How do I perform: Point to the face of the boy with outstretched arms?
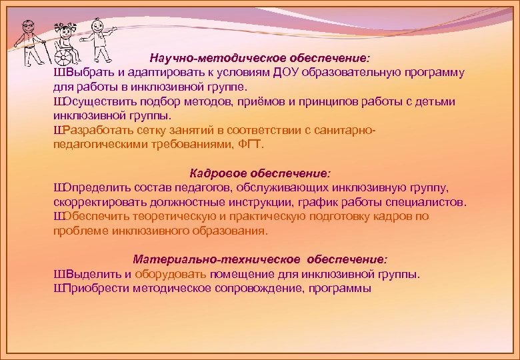point(99,26)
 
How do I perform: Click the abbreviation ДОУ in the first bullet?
point(285,73)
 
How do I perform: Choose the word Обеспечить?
point(92,217)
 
